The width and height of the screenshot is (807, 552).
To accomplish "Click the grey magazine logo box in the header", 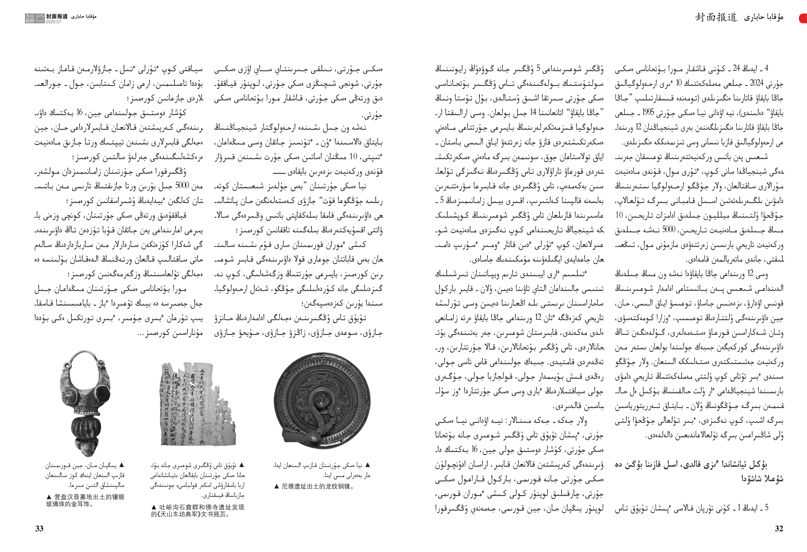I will point(35,18).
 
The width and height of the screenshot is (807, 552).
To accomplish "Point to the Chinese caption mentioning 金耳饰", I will point(85,501).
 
